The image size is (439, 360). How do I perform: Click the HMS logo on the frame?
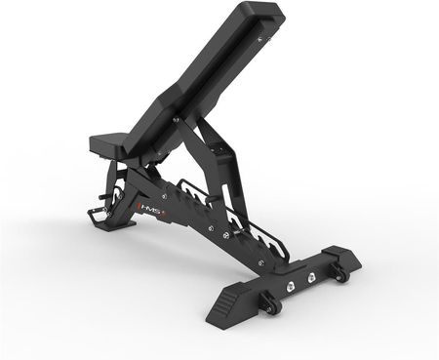[148, 209]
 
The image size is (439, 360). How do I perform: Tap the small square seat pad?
[108, 143]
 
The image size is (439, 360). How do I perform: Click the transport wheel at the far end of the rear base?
[340, 273]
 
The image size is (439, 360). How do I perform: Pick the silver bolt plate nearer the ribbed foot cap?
[289, 287]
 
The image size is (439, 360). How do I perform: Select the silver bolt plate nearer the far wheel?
[311, 277]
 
